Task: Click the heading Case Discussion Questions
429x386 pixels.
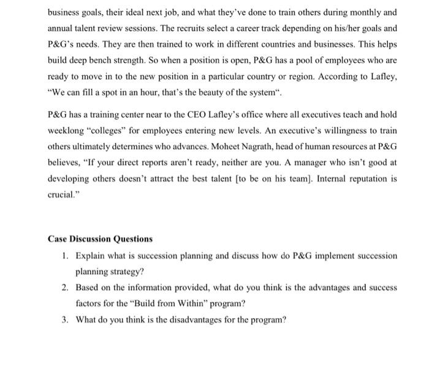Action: tap(100, 239)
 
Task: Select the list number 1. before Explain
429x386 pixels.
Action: tap(66, 254)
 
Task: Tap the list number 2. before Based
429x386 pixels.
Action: tap(66, 287)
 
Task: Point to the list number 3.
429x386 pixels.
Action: tap(66, 319)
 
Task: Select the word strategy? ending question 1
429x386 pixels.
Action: tap(126, 270)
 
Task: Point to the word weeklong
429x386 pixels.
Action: tap(66, 130)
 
